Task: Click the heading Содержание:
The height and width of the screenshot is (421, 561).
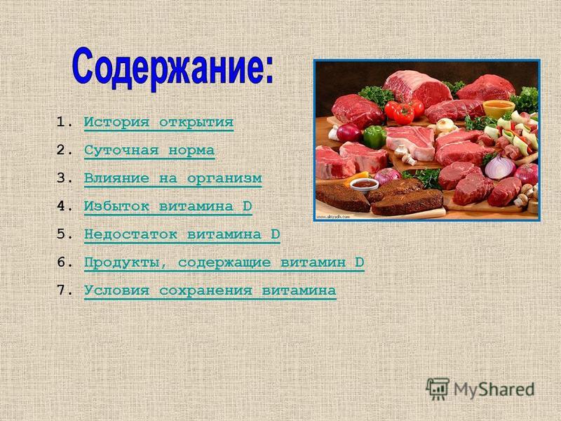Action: (173, 69)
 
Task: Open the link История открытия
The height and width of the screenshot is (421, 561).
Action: (159, 122)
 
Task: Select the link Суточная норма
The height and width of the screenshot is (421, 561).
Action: (149, 151)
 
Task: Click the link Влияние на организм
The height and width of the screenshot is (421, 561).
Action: (173, 179)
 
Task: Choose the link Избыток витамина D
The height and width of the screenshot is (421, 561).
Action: (168, 206)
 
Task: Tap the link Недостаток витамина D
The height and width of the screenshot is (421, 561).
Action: (182, 234)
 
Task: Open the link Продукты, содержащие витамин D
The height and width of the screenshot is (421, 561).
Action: (224, 262)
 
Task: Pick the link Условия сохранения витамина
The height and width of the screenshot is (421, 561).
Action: (210, 290)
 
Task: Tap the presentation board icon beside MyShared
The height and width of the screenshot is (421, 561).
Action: (438, 389)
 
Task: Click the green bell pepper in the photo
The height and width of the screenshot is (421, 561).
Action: (374, 136)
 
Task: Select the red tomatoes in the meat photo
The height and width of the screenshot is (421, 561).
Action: (404, 112)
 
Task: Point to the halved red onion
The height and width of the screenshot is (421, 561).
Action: (500, 166)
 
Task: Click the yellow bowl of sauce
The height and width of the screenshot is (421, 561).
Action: (499, 109)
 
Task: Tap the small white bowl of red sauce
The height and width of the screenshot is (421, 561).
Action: (364, 185)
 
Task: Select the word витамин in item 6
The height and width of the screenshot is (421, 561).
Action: (313, 262)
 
